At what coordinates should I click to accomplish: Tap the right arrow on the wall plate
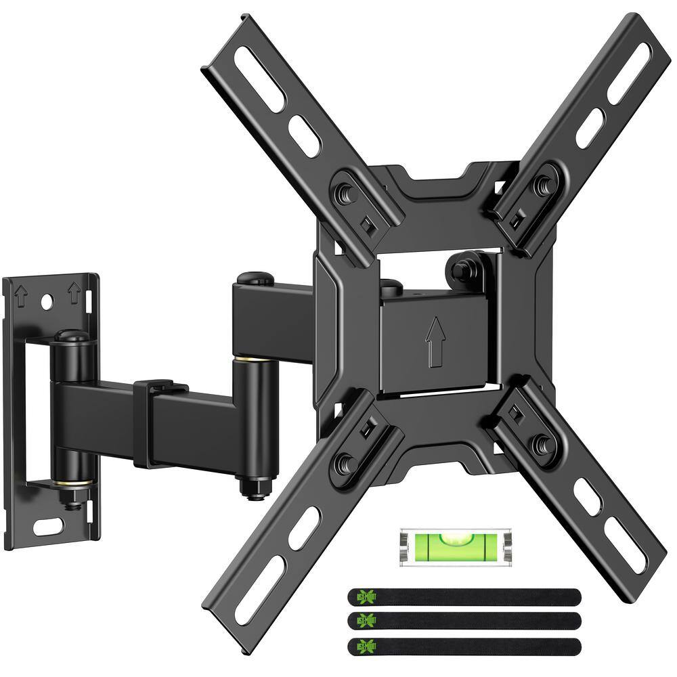click(x=74, y=293)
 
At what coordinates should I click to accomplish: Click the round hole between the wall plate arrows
click(x=47, y=303)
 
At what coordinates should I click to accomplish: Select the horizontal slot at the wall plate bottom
click(x=47, y=525)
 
